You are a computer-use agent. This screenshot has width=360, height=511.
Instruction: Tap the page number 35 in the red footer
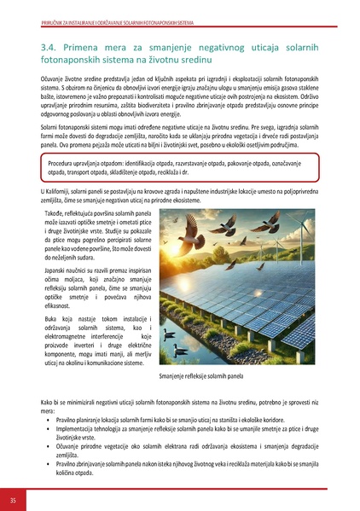coord(13,498)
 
